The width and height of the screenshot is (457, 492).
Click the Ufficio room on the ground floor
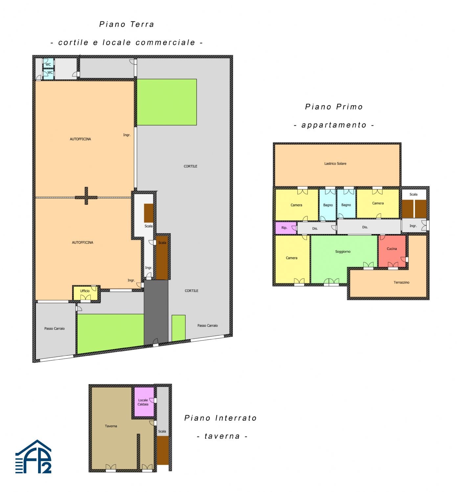(x=85, y=293)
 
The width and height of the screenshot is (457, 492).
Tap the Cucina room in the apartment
(x=392, y=251)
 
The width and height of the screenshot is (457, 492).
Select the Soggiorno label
(x=343, y=252)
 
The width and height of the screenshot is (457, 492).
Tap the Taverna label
(x=111, y=426)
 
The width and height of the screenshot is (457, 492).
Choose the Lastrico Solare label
(x=335, y=163)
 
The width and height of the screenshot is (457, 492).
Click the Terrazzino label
(x=401, y=282)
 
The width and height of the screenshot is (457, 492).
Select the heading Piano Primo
(x=334, y=107)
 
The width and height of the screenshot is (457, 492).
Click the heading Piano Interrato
(x=220, y=418)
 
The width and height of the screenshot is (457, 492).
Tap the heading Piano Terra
(x=126, y=24)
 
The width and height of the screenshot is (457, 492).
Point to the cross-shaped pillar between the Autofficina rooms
(x=86, y=196)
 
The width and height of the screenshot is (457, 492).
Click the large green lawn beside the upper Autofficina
(x=167, y=102)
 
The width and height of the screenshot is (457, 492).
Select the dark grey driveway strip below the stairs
(x=156, y=311)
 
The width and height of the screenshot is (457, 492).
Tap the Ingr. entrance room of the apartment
(x=414, y=225)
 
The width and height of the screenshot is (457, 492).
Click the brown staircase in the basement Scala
(x=163, y=451)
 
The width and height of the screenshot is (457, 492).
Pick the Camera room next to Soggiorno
(x=292, y=259)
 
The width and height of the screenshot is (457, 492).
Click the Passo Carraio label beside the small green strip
(x=207, y=326)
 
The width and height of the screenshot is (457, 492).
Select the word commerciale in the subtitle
(x=165, y=43)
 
